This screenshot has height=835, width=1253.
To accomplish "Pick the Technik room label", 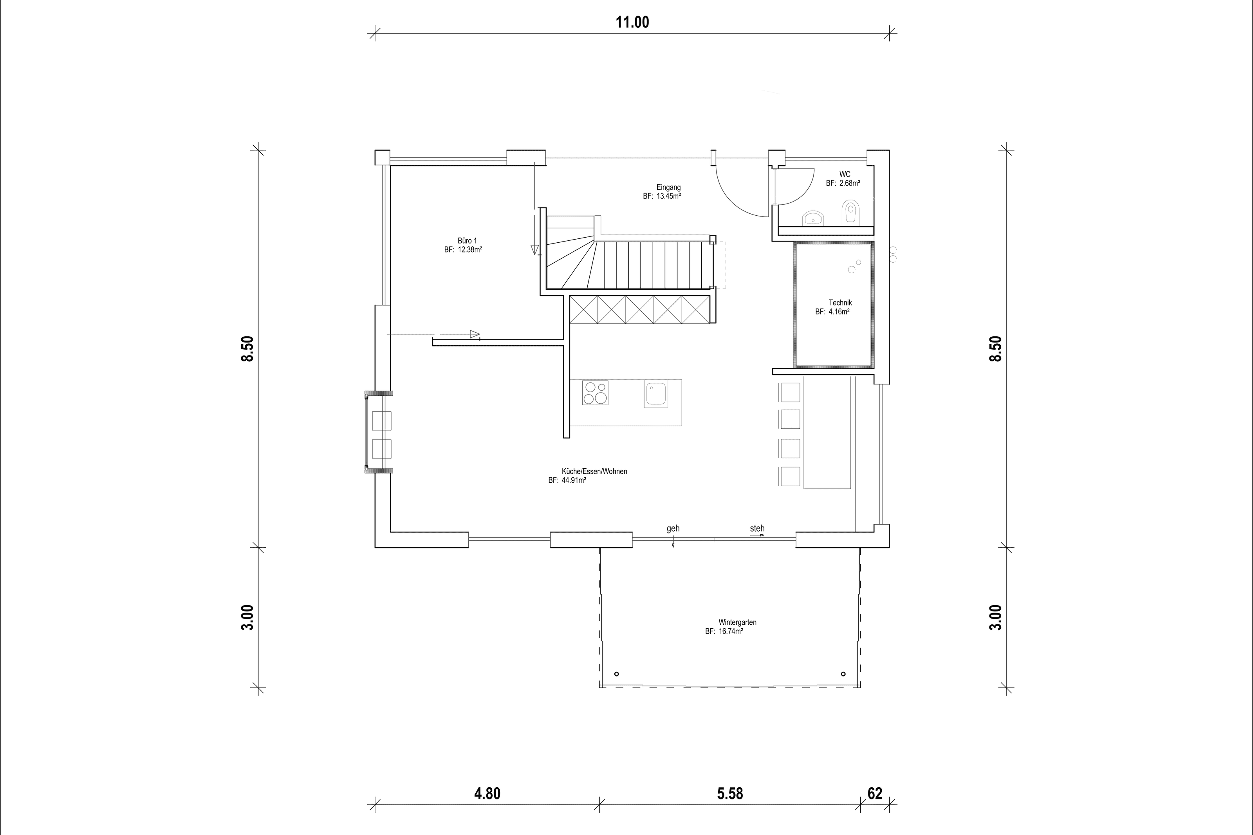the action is coord(840,303).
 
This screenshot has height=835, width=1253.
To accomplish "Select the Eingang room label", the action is coord(668,188).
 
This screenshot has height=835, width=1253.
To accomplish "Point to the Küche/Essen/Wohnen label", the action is coord(594,471).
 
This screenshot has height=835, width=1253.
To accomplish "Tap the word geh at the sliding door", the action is coord(673,529).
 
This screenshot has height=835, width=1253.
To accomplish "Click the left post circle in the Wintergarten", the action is coord(616,674).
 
